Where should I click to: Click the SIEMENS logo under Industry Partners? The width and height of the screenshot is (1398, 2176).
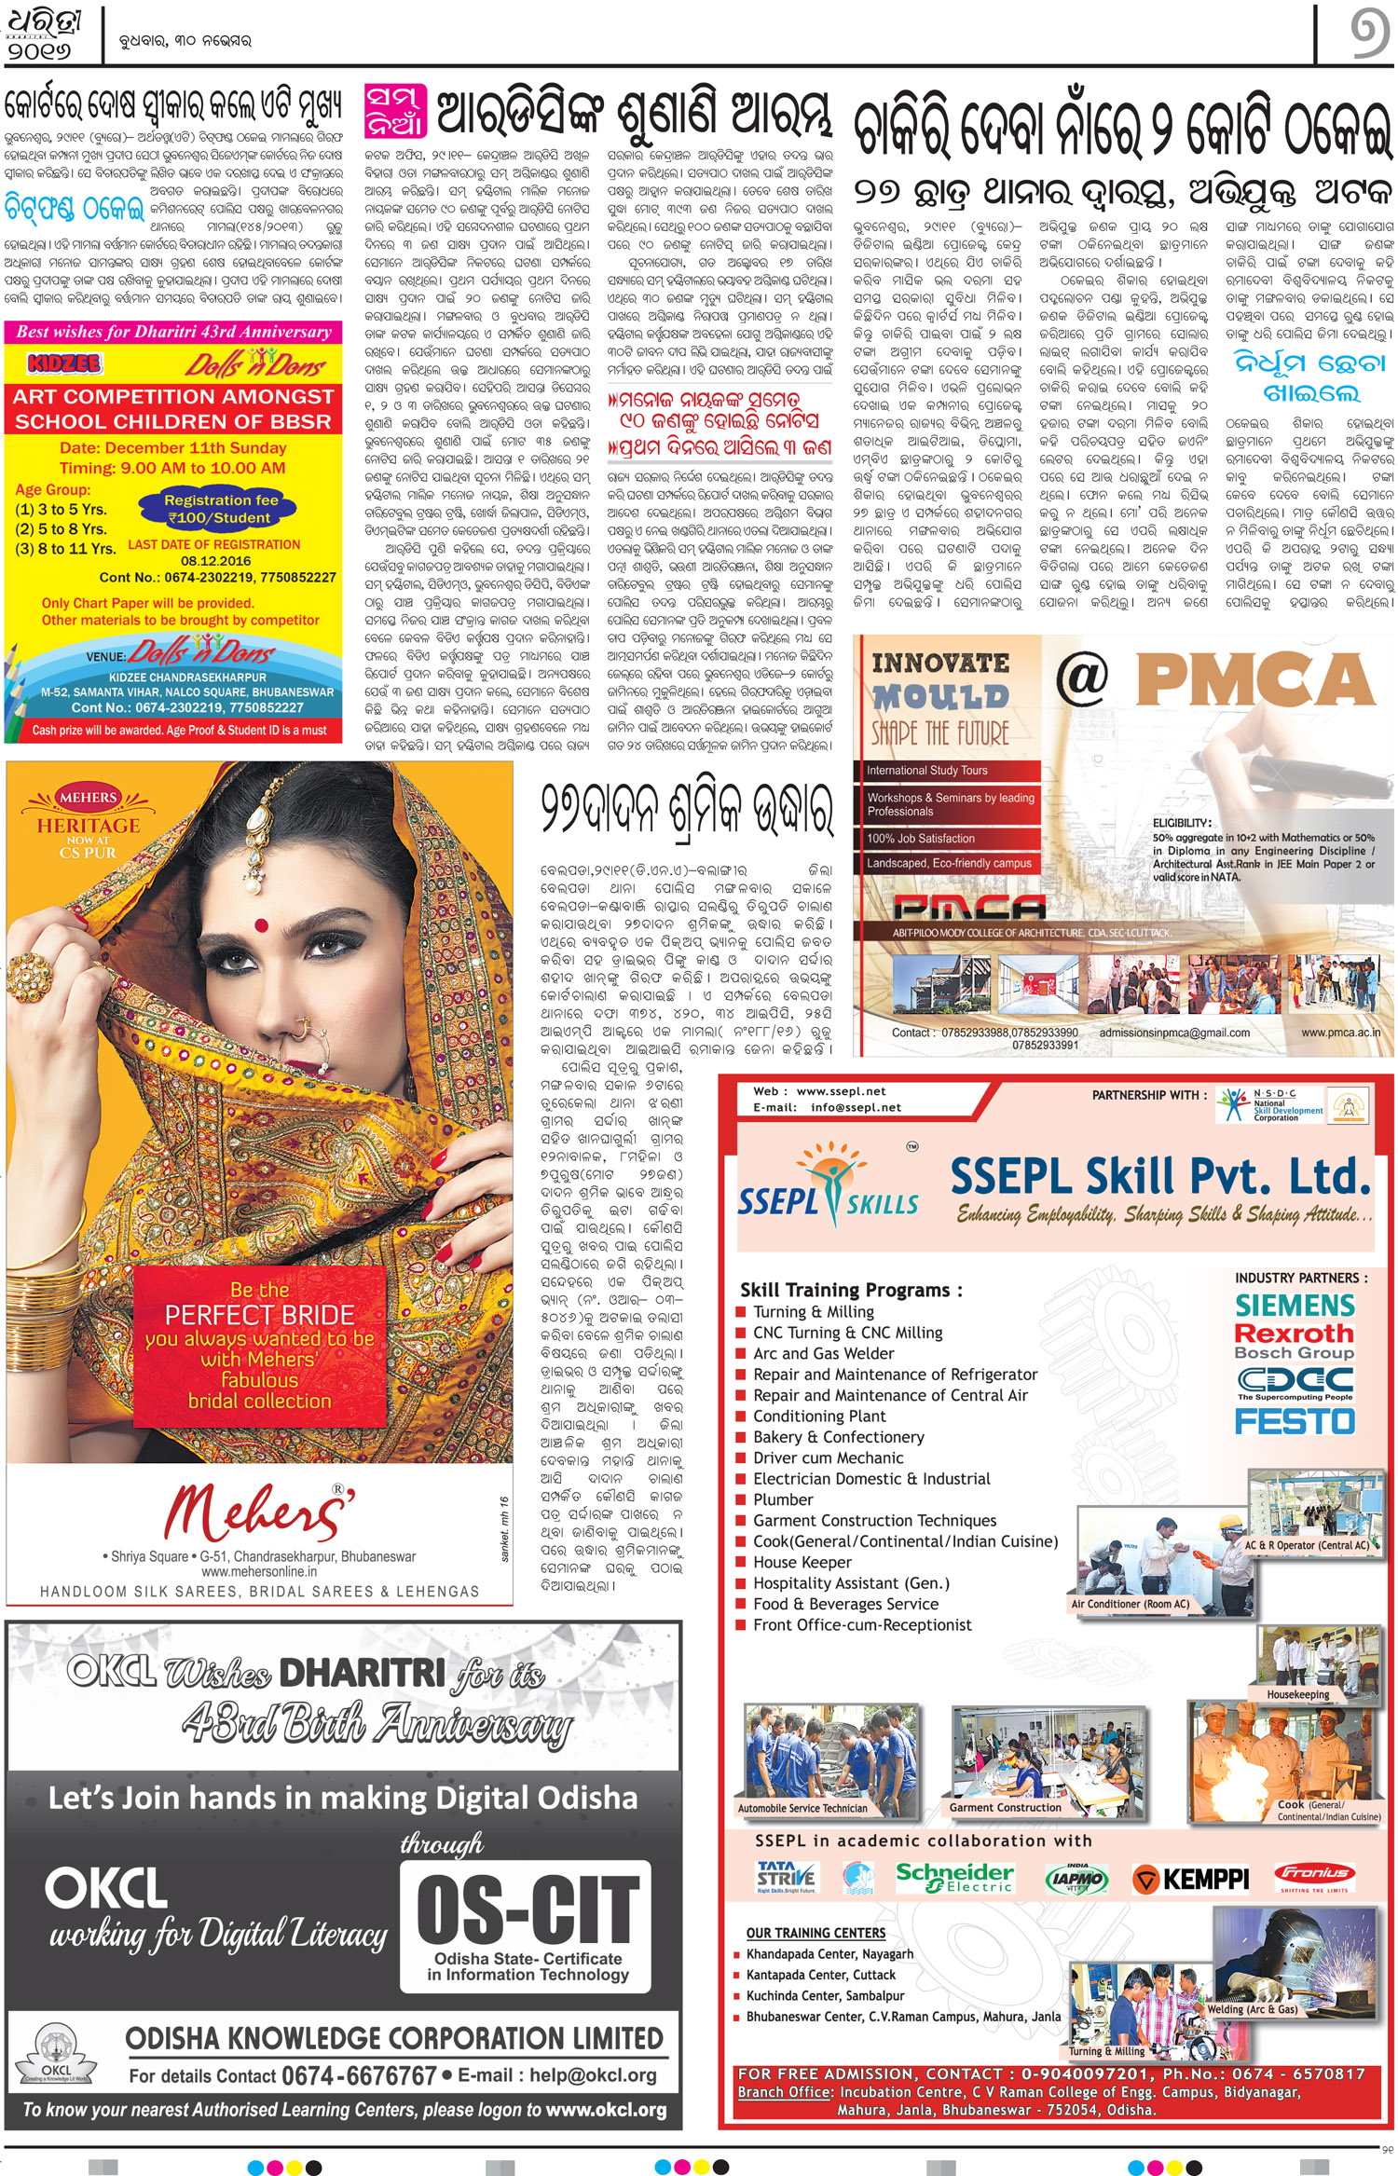[1295, 1305]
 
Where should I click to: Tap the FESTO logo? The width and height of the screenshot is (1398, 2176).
[1295, 1421]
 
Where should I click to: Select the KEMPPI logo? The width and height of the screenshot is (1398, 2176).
[1190, 1879]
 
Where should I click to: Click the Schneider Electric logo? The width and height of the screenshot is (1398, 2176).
[953, 1877]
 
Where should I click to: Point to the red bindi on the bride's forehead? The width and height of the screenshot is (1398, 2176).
[261, 925]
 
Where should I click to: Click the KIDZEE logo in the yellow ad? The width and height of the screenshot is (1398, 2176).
[64, 363]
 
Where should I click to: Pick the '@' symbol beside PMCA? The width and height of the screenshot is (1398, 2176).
[1082, 677]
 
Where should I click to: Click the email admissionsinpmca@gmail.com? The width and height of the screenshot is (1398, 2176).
[1174, 1033]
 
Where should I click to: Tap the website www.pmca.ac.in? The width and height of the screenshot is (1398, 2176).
[1340, 1033]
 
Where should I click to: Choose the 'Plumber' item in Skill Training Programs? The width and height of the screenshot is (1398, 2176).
[783, 1499]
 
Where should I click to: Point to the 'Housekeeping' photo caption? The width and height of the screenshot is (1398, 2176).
[1297, 1694]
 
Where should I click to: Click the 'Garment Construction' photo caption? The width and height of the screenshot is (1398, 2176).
[1005, 1807]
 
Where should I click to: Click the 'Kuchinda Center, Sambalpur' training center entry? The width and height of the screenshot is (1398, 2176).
[825, 1996]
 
